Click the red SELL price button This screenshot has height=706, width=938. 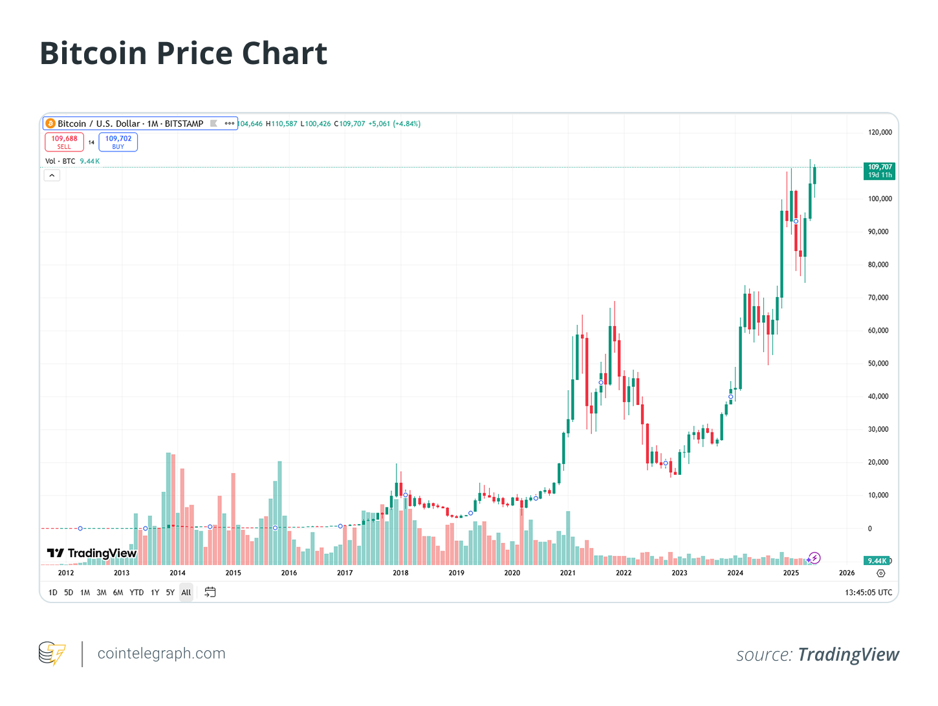point(64,142)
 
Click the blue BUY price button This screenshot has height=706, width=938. point(118,142)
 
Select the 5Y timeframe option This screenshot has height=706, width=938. point(170,592)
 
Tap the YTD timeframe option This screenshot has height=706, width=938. point(136,592)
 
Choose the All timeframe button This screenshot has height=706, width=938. point(186,592)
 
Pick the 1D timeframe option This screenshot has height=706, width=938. point(53,592)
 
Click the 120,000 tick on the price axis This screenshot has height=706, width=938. point(880,132)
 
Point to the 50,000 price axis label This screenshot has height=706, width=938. point(878,363)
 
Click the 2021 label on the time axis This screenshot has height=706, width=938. point(568,573)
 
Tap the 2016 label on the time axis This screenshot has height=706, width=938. point(289,573)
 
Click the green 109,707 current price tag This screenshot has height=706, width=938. point(880,171)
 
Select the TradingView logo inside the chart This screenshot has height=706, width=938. point(92,553)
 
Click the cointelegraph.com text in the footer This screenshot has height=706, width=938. point(161,654)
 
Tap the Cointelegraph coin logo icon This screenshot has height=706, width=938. point(52,654)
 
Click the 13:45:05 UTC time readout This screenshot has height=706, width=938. point(868,592)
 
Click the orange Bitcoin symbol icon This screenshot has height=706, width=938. point(50,124)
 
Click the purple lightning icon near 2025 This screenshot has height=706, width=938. point(815,558)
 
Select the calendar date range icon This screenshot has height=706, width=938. point(210,592)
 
